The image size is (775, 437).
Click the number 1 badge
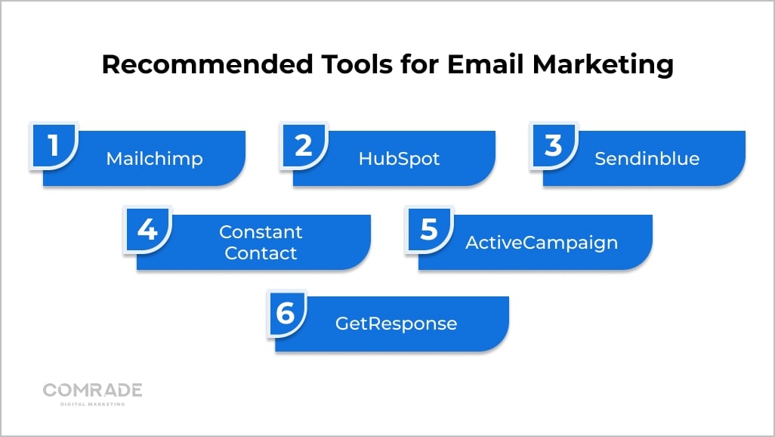coord(54,145)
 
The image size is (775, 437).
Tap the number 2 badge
coord(304,145)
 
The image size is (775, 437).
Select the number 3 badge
coord(554,145)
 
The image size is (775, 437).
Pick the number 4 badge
coord(147,229)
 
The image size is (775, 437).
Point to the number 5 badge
coord(429,229)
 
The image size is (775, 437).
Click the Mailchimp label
coord(155,159)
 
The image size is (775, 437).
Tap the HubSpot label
coord(399,159)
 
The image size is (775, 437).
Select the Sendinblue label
coord(647,158)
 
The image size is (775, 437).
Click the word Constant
coord(261,231)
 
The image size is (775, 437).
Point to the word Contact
coord(261,253)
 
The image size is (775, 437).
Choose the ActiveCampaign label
coord(542,243)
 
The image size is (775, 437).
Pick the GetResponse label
coord(396,324)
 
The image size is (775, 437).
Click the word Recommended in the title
coord(208,64)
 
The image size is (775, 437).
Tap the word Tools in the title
coord(357,64)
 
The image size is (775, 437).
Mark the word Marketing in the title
coord(603,65)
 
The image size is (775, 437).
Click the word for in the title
coord(419,64)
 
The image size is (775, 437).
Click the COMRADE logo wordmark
coord(92,390)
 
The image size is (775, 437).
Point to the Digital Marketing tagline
coord(92,404)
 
